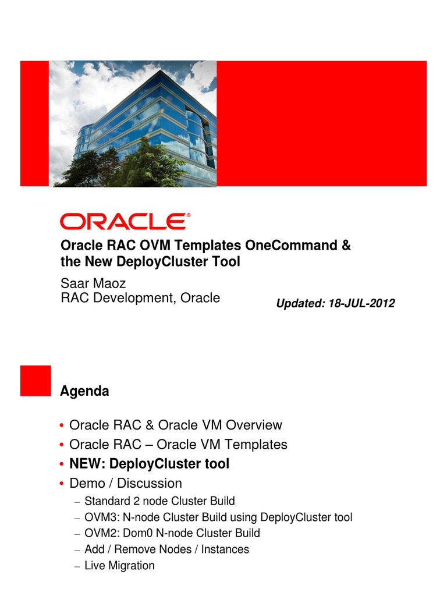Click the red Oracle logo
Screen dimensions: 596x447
pyautogui.click(x=125, y=221)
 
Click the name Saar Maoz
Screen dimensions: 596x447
pyautogui.click(x=94, y=283)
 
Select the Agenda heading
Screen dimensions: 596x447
pyautogui.click(x=84, y=392)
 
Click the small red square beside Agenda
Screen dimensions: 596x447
pyautogui.click(x=36, y=381)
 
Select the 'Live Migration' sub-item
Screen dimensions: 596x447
pyautogui.click(x=119, y=565)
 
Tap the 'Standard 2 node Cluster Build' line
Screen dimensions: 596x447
pyautogui.click(x=159, y=501)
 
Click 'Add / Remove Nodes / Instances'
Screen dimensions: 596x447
pyautogui.click(x=166, y=549)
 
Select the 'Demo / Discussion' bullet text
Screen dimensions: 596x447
pyautogui.click(x=125, y=483)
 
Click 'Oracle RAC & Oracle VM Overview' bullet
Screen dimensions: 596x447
pyautogui.click(x=175, y=425)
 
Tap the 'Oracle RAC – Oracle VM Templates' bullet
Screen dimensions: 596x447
pyautogui.click(x=178, y=445)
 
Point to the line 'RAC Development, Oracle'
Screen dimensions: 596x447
pyautogui.click(x=140, y=298)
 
